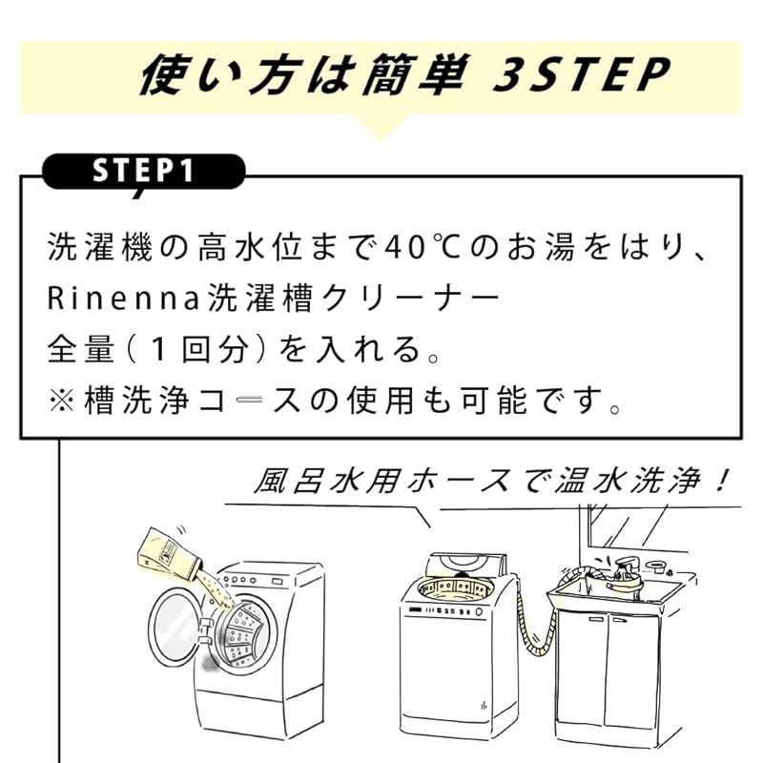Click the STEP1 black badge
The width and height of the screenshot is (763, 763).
(143, 171)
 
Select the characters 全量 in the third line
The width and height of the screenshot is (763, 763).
(82, 349)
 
